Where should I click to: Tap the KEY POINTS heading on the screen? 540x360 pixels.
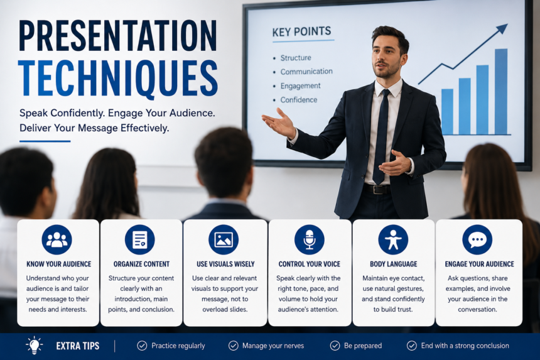pos(301,31)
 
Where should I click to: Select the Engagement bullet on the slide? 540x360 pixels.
pos(300,86)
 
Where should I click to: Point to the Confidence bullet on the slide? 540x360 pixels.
pos(299,100)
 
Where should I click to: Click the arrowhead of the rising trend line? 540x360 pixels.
pos(502,29)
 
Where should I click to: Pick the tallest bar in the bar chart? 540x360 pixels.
pos(501,92)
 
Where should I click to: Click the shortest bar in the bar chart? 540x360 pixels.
pos(447,112)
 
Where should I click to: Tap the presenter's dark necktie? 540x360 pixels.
pos(382,137)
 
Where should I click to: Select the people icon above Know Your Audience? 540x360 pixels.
pos(57,240)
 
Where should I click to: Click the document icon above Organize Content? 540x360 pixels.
pos(140,240)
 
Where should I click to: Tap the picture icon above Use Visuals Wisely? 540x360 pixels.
pos(224,240)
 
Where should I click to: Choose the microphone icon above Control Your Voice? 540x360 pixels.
pos(310,240)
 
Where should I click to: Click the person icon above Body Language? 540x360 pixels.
pos(393,240)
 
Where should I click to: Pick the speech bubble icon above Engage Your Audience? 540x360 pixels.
pos(477,240)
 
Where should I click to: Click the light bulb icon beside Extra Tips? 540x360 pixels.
pos(34,345)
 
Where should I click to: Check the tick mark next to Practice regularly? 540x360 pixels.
pos(142,346)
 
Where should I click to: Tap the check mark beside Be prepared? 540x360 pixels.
pos(335,346)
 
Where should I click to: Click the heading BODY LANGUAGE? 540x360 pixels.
pos(393,265)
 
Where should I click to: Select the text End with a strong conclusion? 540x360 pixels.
pos(465,346)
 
